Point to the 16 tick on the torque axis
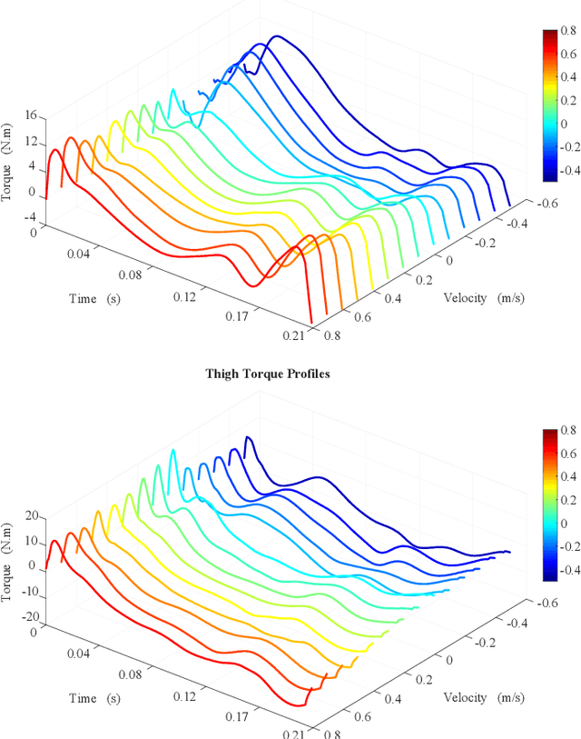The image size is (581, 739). (30, 116)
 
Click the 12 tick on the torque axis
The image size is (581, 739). (30, 142)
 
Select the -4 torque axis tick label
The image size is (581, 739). (28, 216)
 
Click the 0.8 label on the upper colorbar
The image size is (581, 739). (566, 30)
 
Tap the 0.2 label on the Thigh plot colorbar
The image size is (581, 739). (566, 499)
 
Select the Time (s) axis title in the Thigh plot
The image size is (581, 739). (94, 698)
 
